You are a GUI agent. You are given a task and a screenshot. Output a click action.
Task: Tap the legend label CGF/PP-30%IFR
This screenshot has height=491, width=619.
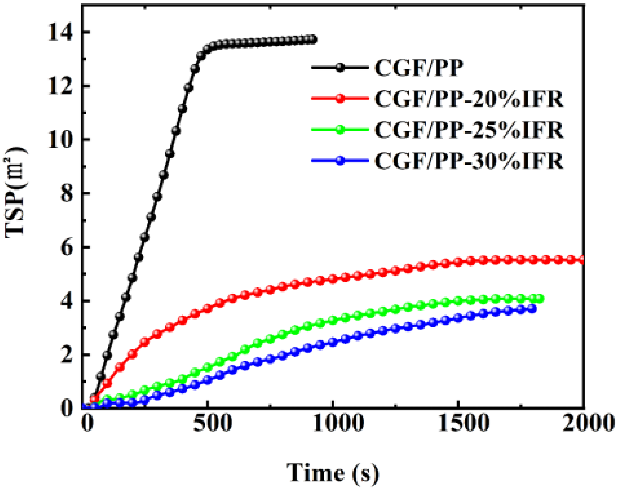[469, 161]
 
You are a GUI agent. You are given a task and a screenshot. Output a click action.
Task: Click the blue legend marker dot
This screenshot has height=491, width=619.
[340, 160]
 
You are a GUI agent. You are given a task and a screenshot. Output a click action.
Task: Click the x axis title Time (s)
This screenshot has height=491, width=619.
[332, 472]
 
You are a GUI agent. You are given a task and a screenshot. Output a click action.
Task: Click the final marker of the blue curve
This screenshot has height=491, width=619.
[532, 309]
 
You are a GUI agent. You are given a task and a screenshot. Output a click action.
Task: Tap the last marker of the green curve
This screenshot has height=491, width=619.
[539, 299]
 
